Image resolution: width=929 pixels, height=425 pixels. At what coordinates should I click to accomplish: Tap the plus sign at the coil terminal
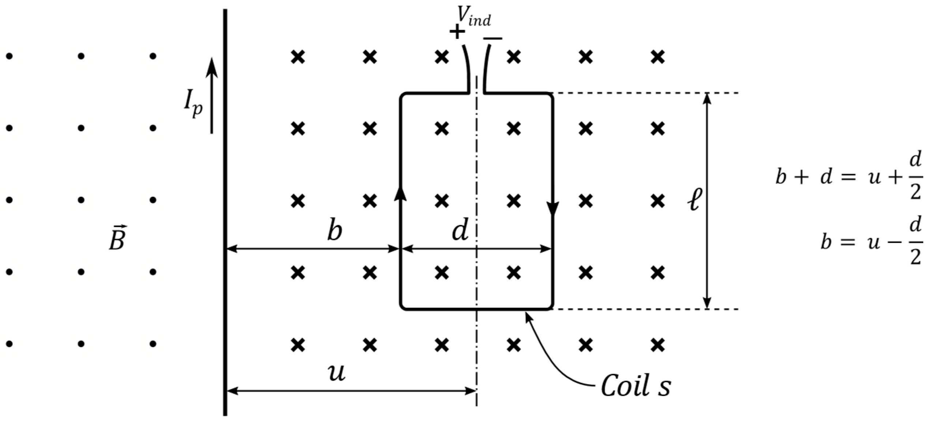tap(457, 32)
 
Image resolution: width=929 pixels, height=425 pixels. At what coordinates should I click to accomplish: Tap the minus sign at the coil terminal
tap(492, 38)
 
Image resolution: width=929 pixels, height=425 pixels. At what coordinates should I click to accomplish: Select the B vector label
tap(117, 239)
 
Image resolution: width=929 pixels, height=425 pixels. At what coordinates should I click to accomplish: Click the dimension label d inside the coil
tap(460, 231)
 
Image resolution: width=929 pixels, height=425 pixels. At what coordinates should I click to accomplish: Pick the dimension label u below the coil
tap(337, 373)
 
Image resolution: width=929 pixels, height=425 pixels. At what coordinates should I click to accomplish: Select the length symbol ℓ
tap(694, 200)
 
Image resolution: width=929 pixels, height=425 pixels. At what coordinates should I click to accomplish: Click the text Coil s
tap(636, 386)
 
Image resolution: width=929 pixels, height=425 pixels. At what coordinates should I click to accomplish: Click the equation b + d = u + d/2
tap(849, 177)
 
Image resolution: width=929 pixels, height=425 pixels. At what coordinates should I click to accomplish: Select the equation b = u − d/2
tap(871, 242)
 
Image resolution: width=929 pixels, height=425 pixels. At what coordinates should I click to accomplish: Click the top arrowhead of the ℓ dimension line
tap(707, 98)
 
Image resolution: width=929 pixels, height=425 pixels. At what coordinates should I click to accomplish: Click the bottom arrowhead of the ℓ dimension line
tap(707, 304)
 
